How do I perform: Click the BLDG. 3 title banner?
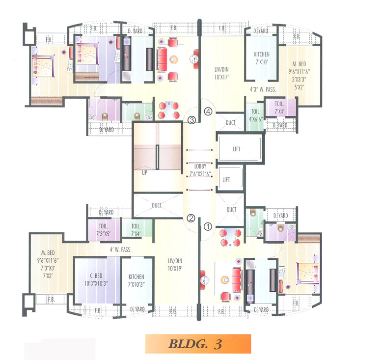(x=198, y=343)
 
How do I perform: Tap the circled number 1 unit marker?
(x=208, y=227)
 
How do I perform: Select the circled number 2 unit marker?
(x=191, y=219)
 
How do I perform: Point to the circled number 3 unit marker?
(x=191, y=119)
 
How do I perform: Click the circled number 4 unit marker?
(x=208, y=111)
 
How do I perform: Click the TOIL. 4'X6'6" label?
(x=254, y=115)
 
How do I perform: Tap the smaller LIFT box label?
(x=226, y=180)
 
